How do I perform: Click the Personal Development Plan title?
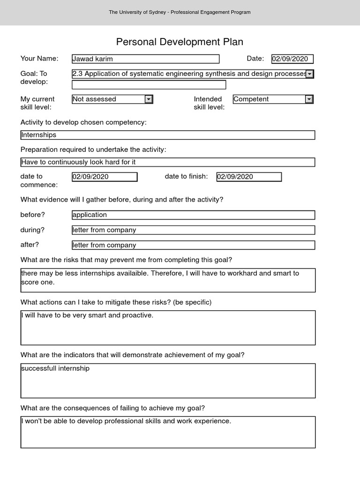pyautogui.click(x=180, y=42)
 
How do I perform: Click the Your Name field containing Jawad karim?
pyautogui.click(x=145, y=59)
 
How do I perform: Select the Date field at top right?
pyautogui.click(x=292, y=59)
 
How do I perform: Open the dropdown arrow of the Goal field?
pyautogui.click(x=309, y=74)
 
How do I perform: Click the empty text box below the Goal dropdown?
pyautogui.click(x=149, y=85)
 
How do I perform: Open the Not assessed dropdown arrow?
pyautogui.click(x=148, y=99)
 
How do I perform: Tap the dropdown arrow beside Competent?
pyautogui.click(x=309, y=99)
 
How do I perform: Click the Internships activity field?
pyautogui.click(x=168, y=135)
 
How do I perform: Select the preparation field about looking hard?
pyautogui.click(x=168, y=162)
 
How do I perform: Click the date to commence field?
pyautogui.click(x=105, y=177)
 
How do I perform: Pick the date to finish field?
pyautogui.click(x=249, y=177)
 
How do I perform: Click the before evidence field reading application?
pyautogui.click(x=193, y=215)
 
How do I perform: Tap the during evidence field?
pyautogui.click(x=193, y=230)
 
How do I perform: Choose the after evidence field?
pyautogui.click(x=193, y=245)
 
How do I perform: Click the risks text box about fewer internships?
pyautogui.click(x=168, y=280)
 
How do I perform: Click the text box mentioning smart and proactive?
pyautogui.click(x=168, y=328)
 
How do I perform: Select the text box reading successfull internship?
pyautogui.click(x=168, y=381)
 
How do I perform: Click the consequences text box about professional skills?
pyautogui.click(x=168, y=432)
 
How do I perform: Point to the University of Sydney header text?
pyautogui.click(x=180, y=12)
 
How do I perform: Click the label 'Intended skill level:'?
pyautogui.click(x=209, y=103)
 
